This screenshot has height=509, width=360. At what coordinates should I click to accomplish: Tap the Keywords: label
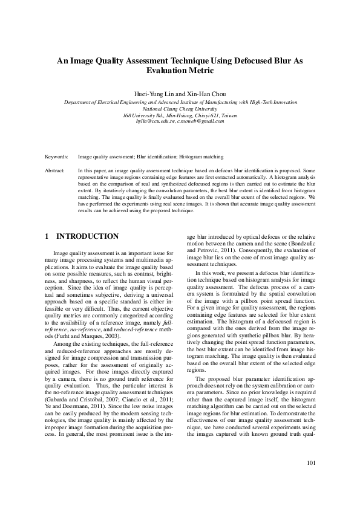(x=56, y=157)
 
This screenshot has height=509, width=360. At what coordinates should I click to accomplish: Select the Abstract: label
(x=55, y=172)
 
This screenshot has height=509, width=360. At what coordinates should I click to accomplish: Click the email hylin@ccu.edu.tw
(x=155, y=121)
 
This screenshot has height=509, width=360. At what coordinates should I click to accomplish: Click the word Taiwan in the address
(x=228, y=115)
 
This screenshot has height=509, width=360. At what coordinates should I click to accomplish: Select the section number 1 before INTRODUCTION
(x=47, y=236)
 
